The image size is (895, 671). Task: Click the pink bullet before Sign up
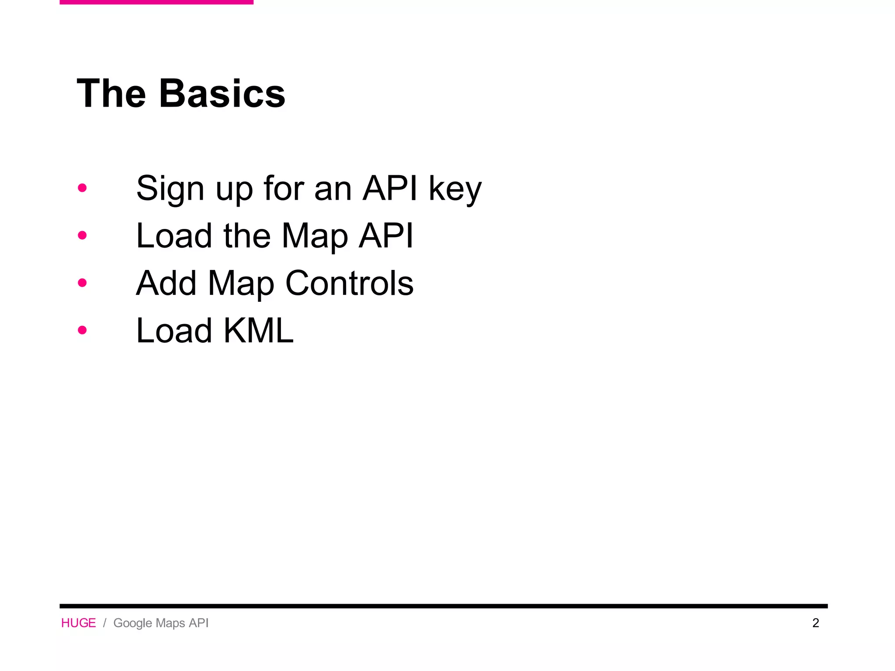click(x=82, y=188)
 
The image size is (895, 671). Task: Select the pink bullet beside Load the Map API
click(x=82, y=235)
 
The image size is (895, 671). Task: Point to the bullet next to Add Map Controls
click(x=82, y=283)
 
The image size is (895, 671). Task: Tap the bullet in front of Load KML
click(x=82, y=330)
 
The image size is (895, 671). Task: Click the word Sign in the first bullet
click(x=170, y=189)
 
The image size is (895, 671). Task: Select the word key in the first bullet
click(x=455, y=189)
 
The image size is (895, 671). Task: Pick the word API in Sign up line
click(x=390, y=188)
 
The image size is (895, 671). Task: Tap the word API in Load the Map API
click(x=386, y=236)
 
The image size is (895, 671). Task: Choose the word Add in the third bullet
click(x=166, y=283)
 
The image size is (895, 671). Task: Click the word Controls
click(x=349, y=283)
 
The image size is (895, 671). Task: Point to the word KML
click(x=258, y=331)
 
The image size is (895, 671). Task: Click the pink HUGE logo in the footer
click(x=78, y=623)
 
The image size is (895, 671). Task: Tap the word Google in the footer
click(x=132, y=623)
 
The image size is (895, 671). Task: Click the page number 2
click(x=815, y=623)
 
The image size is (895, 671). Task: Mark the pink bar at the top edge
click(x=156, y=2)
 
